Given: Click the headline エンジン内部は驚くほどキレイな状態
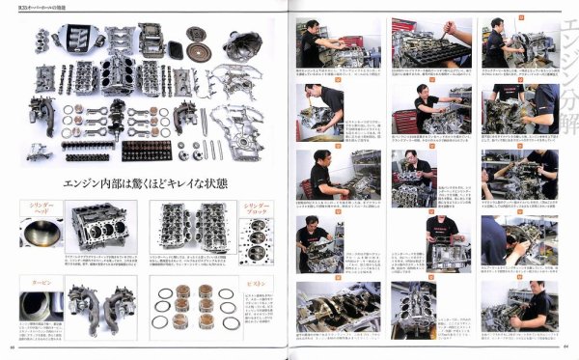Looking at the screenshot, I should coord(145,181).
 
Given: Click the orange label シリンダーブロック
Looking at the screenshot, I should coord(256,210).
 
